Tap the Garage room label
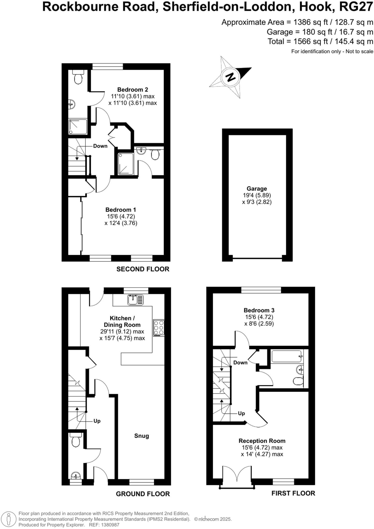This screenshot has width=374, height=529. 256,189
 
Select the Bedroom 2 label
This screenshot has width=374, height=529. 133,90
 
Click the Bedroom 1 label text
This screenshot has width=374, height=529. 121,210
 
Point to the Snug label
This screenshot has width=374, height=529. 142,436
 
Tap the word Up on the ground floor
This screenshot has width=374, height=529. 97,421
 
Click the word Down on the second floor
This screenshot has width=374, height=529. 100,146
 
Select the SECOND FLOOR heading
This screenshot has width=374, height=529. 143,269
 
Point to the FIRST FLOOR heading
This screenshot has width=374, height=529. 293,493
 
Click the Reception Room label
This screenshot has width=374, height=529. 262,441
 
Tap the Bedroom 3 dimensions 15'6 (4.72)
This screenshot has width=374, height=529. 259,317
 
